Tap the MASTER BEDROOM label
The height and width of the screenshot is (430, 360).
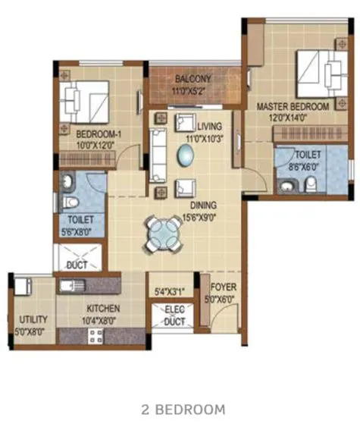(x=293, y=107)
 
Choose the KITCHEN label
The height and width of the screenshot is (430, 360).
(x=103, y=309)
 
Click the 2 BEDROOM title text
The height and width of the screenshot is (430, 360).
(x=183, y=410)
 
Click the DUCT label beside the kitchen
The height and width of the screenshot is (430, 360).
(x=77, y=265)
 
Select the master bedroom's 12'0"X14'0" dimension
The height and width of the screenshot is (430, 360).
(x=293, y=117)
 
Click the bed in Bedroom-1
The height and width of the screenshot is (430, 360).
(x=84, y=102)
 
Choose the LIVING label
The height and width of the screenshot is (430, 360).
(x=208, y=125)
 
